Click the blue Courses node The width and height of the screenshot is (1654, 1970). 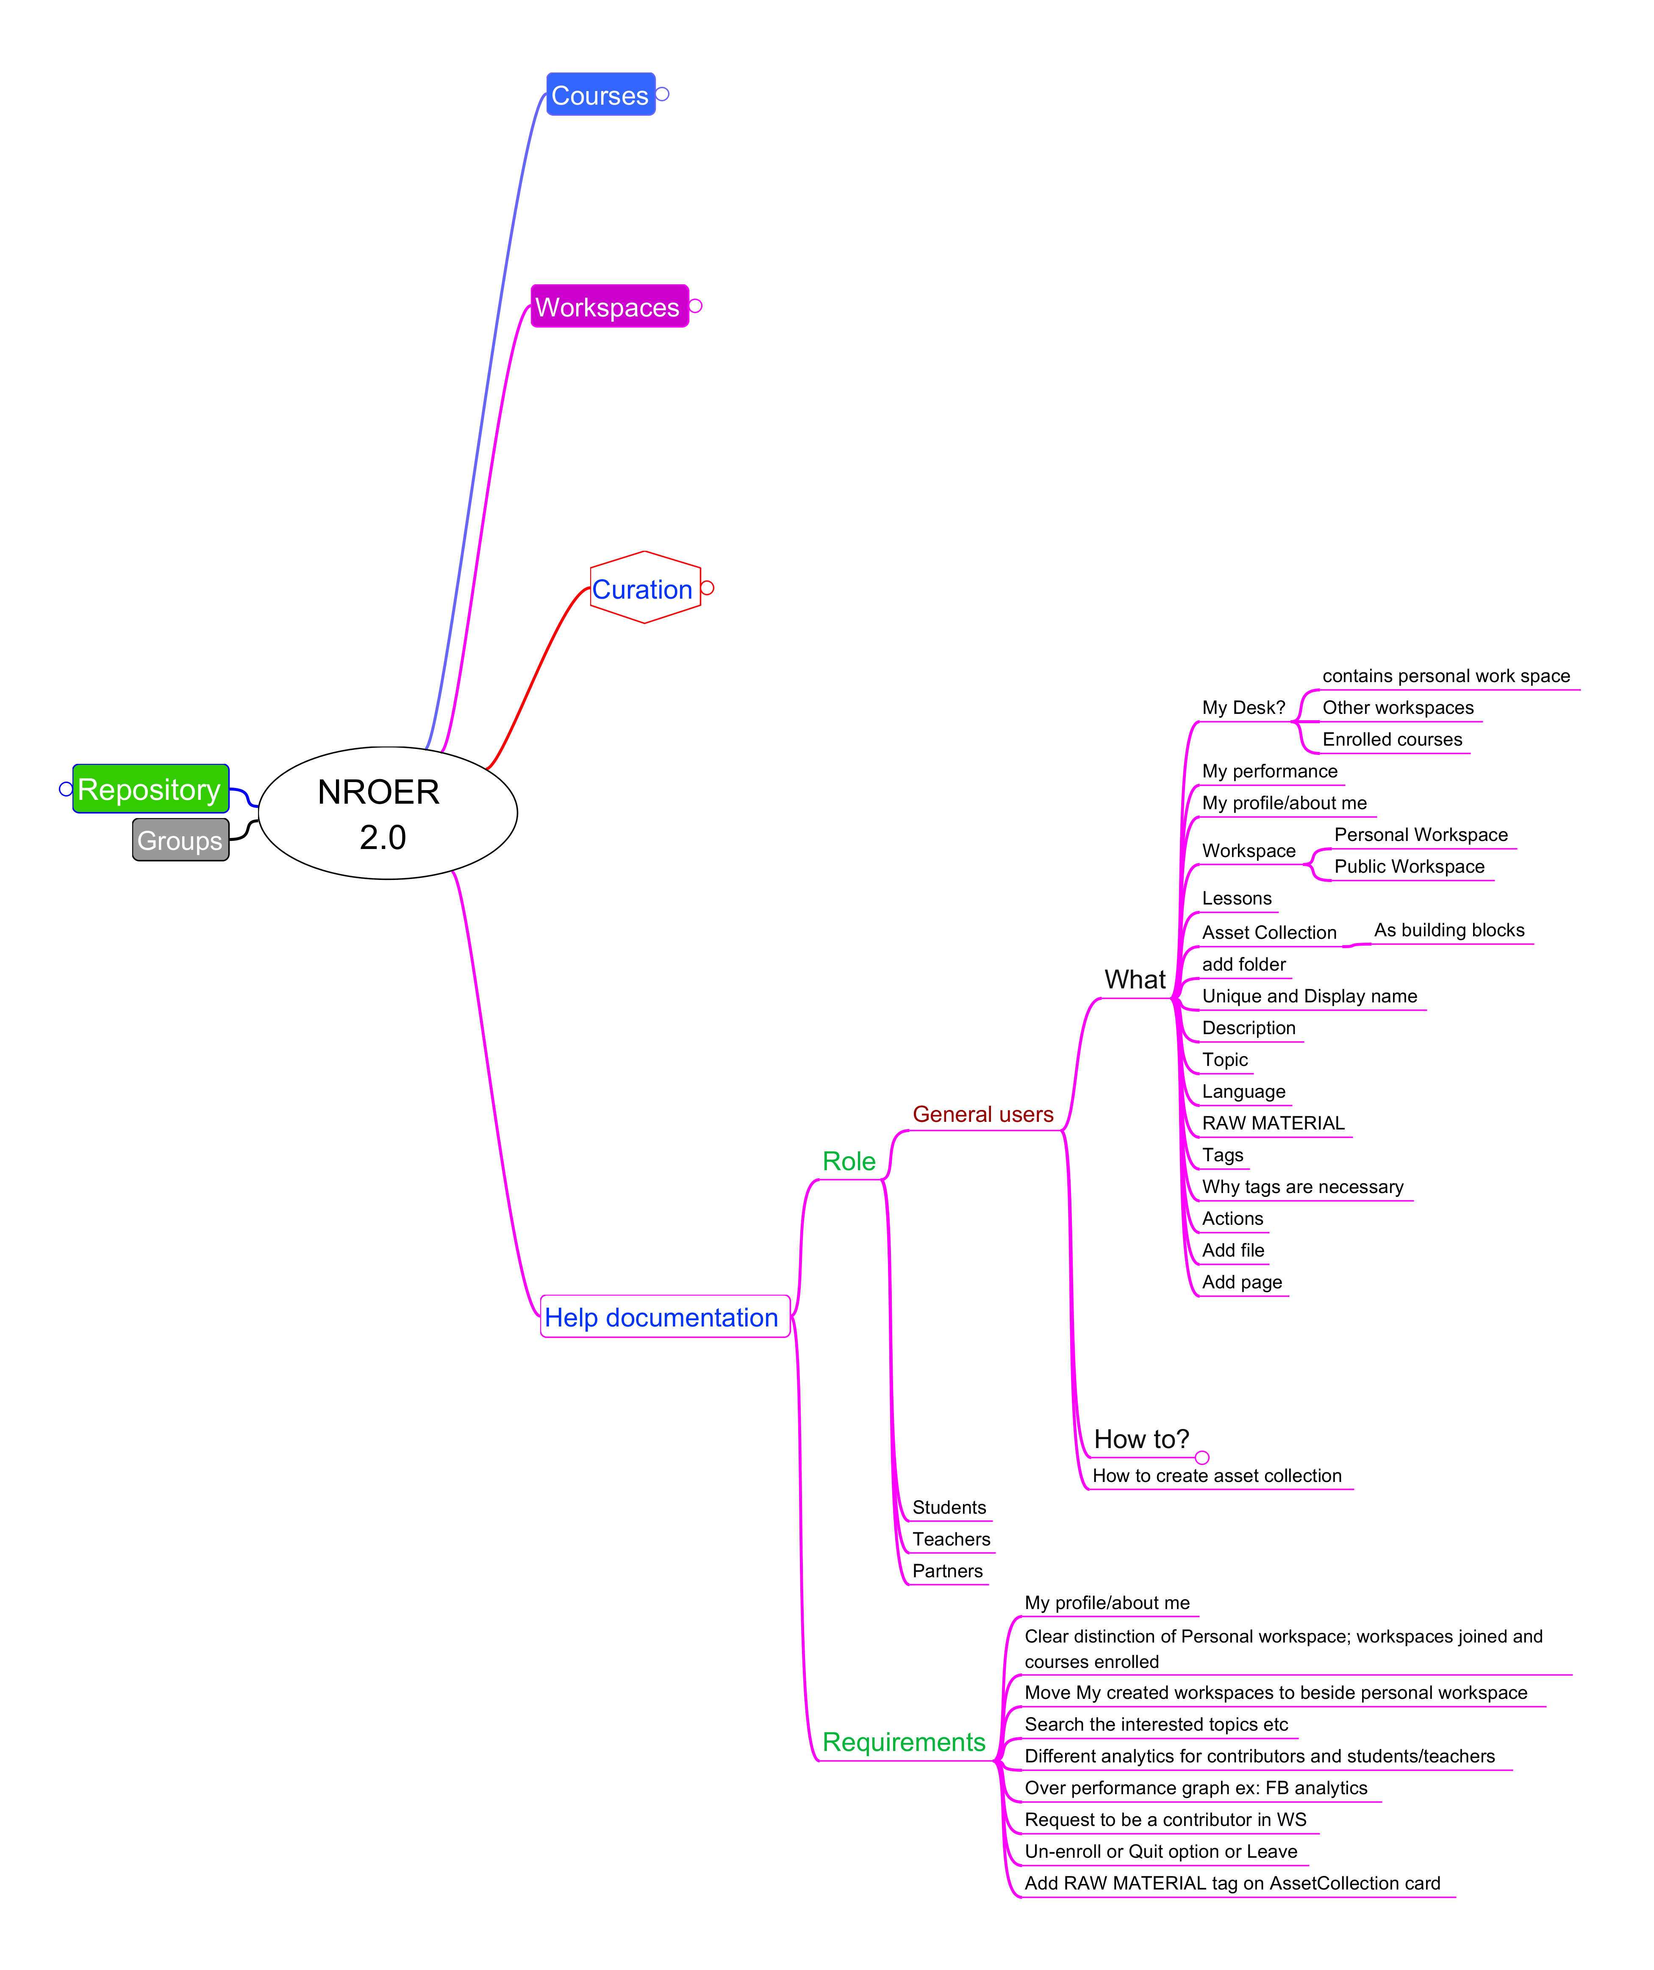click(600, 95)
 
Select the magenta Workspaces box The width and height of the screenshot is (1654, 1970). click(609, 307)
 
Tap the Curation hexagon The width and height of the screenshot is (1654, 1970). click(644, 588)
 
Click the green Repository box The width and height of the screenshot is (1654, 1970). click(150, 789)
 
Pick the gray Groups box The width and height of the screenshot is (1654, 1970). click(180, 840)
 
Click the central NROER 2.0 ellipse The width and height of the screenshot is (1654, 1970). click(388, 813)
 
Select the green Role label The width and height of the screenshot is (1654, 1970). click(848, 1161)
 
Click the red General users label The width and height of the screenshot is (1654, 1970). click(982, 1115)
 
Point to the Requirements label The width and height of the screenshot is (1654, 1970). click(903, 1742)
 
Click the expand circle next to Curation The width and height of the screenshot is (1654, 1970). click(708, 588)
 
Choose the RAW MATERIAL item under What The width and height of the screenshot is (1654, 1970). click(1273, 1123)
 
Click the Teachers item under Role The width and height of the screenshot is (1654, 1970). click(950, 1540)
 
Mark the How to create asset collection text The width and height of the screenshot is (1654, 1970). click(1217, 1476)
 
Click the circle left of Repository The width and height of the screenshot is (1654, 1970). click(66, 789)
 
